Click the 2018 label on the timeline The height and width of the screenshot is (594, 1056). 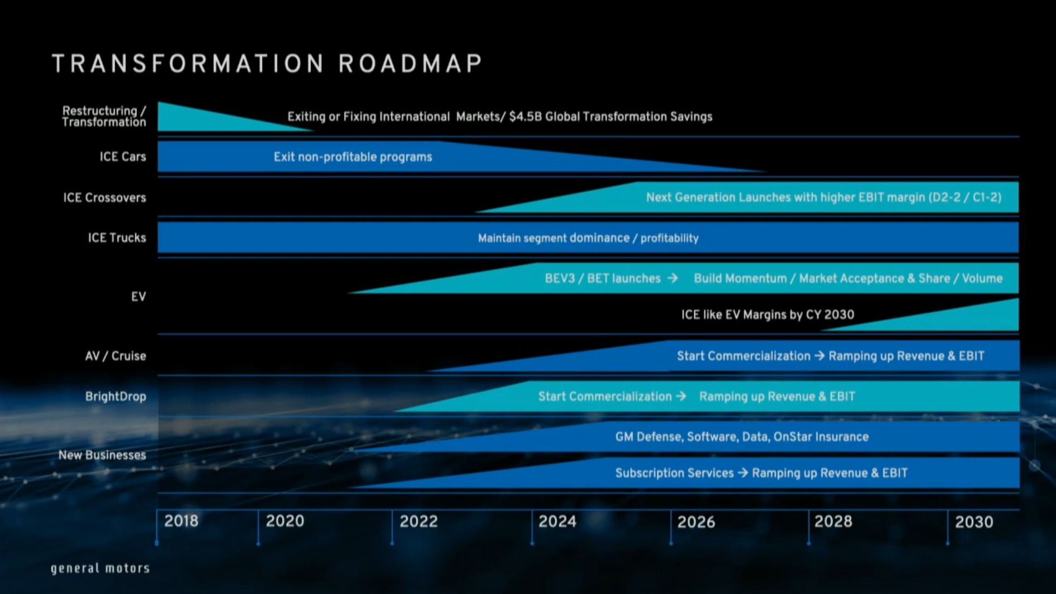point(181,521)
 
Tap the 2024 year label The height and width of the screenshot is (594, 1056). point(557,521)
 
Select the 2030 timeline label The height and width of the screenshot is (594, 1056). point(974,522)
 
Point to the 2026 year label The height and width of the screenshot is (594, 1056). point(696,522)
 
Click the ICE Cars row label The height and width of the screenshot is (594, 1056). point(123,157)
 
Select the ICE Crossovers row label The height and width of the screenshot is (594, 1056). point(104,197)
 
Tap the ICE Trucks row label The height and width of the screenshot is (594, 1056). point(117,238)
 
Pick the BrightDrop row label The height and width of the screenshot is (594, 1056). point(115,397)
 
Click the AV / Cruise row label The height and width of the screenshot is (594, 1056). point(115,356)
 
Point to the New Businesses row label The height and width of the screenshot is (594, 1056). point(102,455)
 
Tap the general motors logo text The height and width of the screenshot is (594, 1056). point(100,568)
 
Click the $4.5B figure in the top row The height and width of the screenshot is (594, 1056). point(525,117)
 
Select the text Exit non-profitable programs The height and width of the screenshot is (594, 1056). point(353,157)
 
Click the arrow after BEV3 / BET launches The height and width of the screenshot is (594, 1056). point(673,278)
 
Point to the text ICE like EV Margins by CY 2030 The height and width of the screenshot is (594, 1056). point(767,315)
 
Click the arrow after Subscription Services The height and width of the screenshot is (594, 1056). point(742,473)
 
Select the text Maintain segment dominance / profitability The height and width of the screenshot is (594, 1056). point(588,238)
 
